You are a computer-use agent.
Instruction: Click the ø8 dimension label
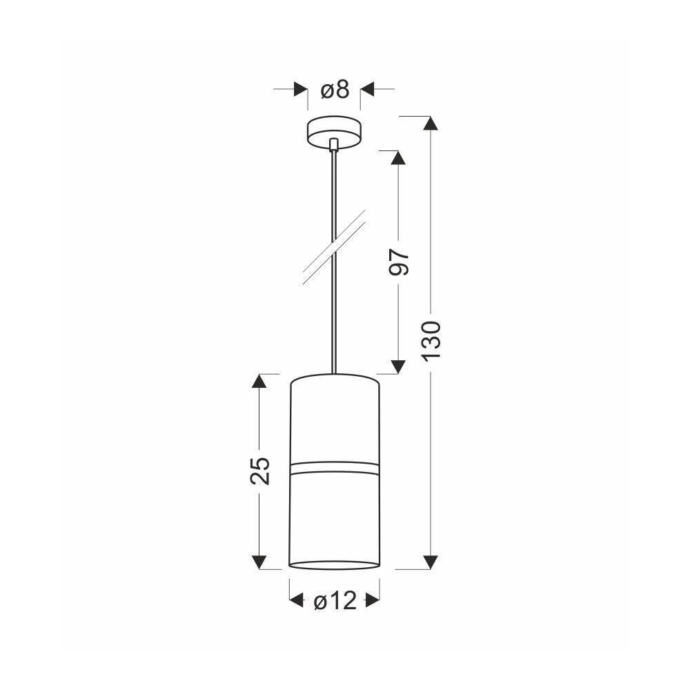[335, 90]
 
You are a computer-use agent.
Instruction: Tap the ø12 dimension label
[335, 600]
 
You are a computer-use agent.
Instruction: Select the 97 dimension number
[399, 262]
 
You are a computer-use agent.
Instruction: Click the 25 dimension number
[260, 471]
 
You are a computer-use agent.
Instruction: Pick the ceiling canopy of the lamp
[334, 133]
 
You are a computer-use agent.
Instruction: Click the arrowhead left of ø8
[301, 89]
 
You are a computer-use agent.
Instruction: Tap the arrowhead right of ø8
[368, 89]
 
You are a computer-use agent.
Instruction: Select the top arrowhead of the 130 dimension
[431, 123]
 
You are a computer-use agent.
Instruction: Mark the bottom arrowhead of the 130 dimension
[431, 562]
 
